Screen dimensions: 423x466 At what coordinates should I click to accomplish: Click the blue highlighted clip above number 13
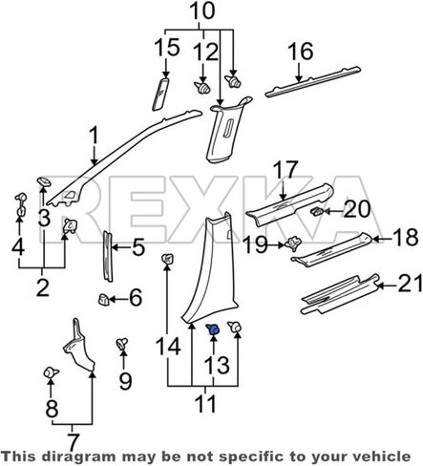[213, 328]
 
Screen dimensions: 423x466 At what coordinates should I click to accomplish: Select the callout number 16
[301, 52]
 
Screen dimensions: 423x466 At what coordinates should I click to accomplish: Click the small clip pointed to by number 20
[316, 211]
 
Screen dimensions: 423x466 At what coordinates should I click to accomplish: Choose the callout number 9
[125, 381]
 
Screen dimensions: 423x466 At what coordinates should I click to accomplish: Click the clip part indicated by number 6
[103, 300]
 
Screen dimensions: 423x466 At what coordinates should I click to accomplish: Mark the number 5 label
[138, 247]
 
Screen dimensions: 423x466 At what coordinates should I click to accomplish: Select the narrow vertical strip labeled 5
[107, 257]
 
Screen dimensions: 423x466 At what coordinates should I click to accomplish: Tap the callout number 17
[286, 170]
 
